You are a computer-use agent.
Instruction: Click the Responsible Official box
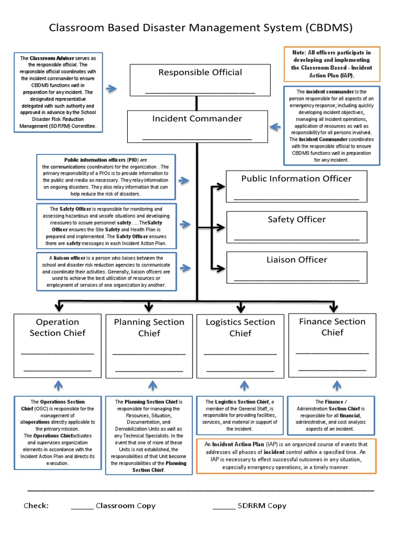[x=200, y=80]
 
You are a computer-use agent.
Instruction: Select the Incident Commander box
[x=197, y=126]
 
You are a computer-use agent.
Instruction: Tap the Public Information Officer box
[x=296, y=186]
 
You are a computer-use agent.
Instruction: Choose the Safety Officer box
[x=296, y=227]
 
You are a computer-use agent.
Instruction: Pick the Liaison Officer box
[x=296, y=267]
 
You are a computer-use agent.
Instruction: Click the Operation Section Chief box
[x=58, y=345]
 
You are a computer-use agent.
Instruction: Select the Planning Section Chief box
[x=149, y=345]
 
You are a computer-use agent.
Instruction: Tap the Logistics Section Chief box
[x=240, y=345]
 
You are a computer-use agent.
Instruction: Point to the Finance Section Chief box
[x=332, y=345]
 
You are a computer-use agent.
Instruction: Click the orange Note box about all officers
[x=331, y=63]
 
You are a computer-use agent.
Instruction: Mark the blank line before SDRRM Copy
[x=224, y=506]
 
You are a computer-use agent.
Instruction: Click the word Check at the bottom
[x=36, y=506]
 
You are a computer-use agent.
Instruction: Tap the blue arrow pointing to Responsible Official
[x=111, y=89]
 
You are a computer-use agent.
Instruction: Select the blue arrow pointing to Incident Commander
[x=275, y=126]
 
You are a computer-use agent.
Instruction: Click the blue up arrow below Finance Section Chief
[x=334, y=386]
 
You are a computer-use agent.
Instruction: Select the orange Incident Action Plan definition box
[x=286, y=456]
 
